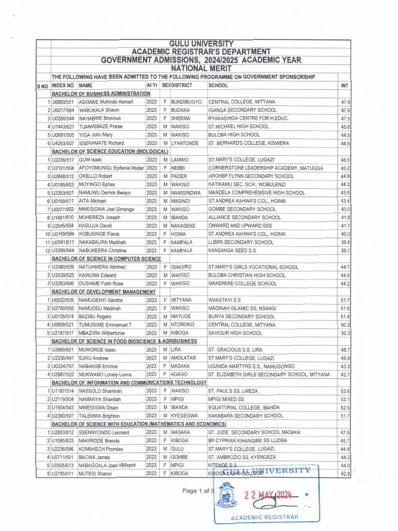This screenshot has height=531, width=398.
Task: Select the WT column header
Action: (345, 85)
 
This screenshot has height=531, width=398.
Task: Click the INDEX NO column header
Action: (63, 85)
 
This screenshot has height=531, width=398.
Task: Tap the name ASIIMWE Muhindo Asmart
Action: (106, 102)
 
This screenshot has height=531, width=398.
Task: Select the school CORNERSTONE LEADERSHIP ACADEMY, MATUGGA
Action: (265, 168)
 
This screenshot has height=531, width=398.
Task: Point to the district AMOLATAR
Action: (187, 358)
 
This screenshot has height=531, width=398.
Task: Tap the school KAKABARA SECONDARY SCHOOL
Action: (245, 415)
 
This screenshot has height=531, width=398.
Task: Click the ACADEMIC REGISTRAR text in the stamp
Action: (265, 517)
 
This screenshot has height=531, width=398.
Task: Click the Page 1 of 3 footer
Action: (197, 491)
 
